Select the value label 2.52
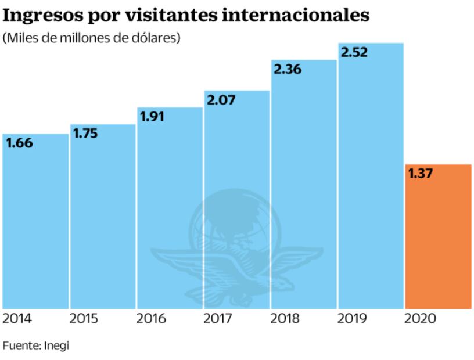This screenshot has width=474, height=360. click(354, 53)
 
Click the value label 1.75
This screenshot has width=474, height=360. click(85, 134)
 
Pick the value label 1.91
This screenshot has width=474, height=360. click(152, 117)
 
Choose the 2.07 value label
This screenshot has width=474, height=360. click(220, 101)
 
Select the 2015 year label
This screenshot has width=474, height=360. click(84, 319)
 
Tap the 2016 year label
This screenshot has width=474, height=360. click(152, 319)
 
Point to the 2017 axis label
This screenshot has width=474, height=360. click(218, 319)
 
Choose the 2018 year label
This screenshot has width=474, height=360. click(286, 319)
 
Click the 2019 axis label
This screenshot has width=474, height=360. click(353, 319)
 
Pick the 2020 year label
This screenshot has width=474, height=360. click(421, 319)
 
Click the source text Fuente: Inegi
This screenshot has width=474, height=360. click(36, 345)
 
